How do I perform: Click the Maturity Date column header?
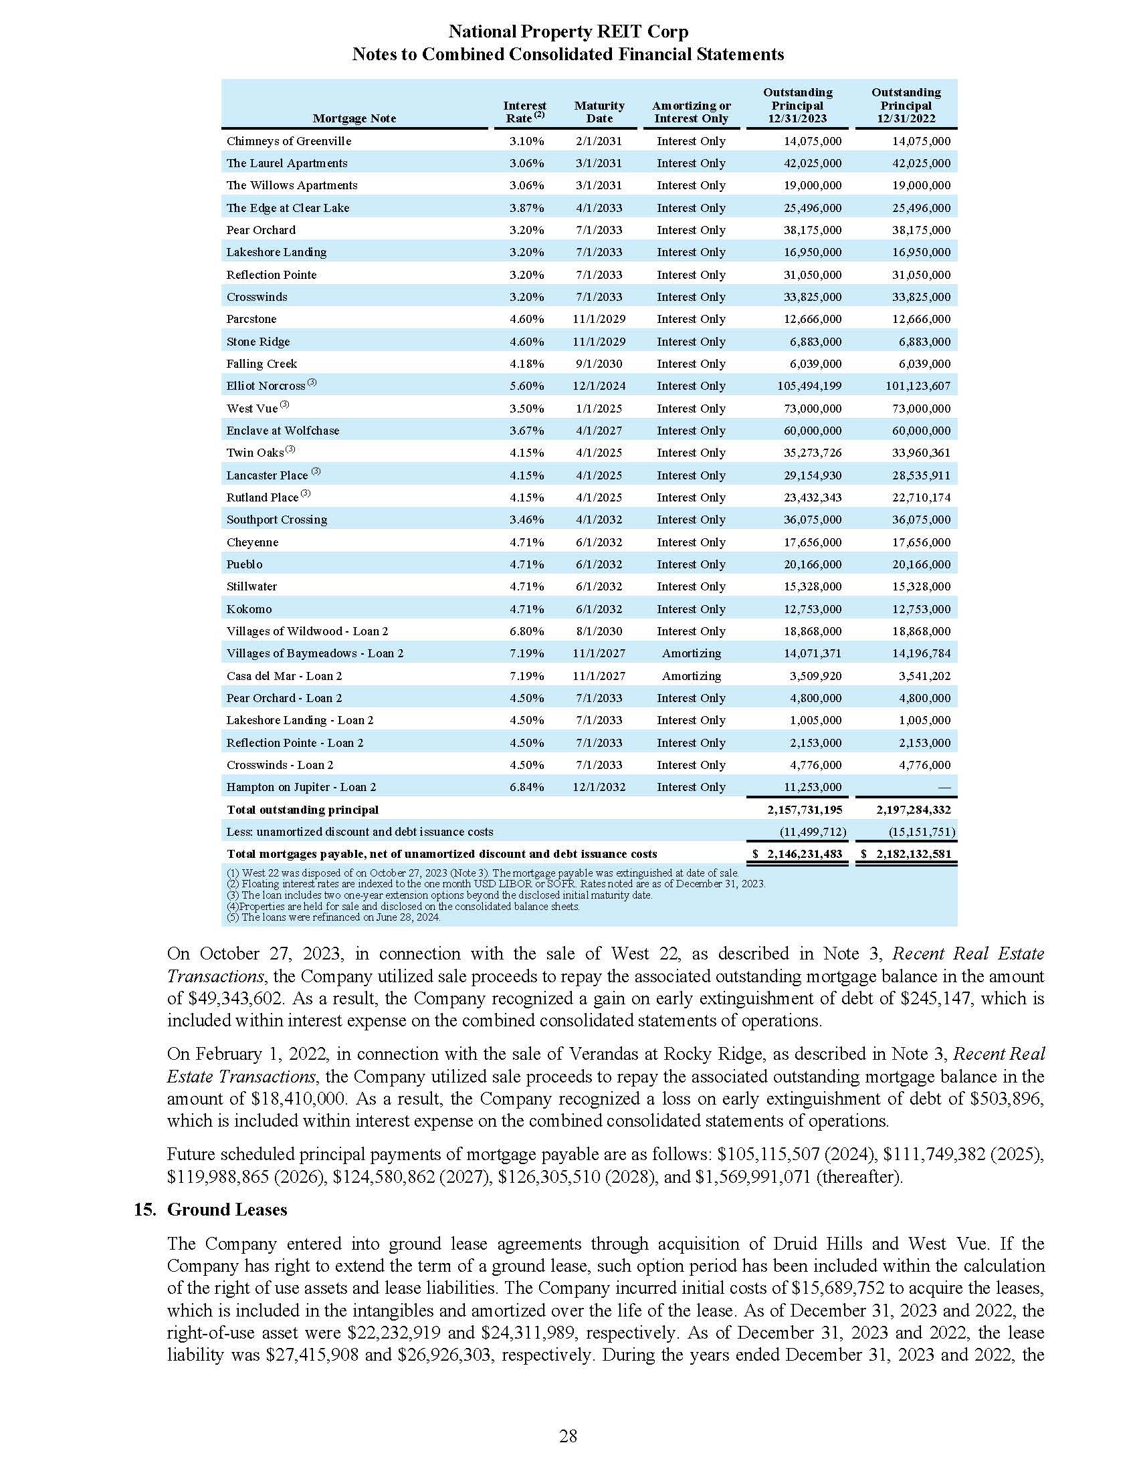point(599,112)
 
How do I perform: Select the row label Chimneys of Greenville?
point(288,141)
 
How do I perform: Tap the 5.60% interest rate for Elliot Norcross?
point(526,386)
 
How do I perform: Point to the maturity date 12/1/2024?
point(599,386)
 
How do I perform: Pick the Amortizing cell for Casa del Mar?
point(691,675)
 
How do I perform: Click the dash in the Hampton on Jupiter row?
point(944,788)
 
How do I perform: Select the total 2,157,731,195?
point(799,810)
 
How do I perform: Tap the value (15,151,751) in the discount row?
point(922,832)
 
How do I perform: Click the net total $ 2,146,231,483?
point(797,854)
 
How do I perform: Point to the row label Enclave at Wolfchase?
point(282,431)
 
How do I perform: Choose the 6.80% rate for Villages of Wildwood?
point(526,631)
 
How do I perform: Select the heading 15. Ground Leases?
point(210,1210)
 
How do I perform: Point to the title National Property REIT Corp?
point(568,31)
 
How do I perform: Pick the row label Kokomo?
point(249,609)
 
